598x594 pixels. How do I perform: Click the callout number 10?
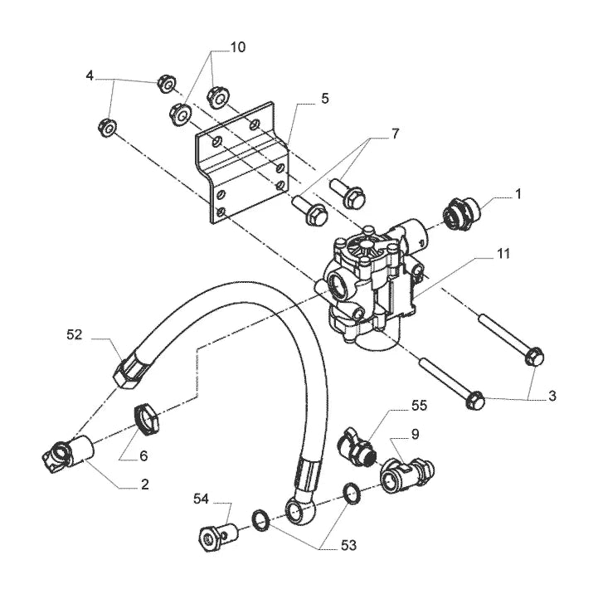(237, 47)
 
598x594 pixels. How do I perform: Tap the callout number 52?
(75, 334)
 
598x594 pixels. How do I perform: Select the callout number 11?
(503, 253)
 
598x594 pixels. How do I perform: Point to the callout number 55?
(419, 406)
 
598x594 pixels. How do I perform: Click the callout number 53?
(348, 545)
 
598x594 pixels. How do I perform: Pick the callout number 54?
(201, 499)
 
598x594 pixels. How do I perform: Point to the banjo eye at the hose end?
(300, 510)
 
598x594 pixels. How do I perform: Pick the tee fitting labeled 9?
(407, 475)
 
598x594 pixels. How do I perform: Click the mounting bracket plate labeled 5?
(241, 162)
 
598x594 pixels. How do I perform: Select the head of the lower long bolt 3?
(475, 400)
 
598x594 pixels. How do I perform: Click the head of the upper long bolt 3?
(534, 357)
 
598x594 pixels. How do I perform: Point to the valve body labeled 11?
(375, 285)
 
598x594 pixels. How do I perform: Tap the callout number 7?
(395, 134)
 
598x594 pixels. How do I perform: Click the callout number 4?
(90, 76)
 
